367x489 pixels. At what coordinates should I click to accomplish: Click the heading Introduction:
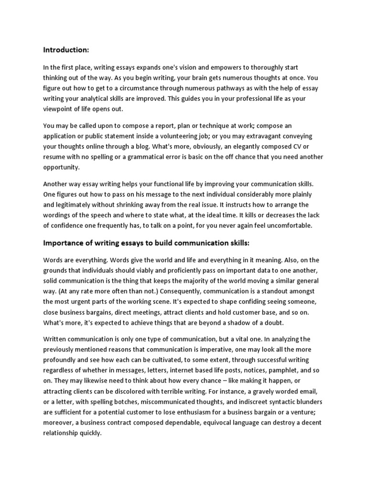tap(66, 49)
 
